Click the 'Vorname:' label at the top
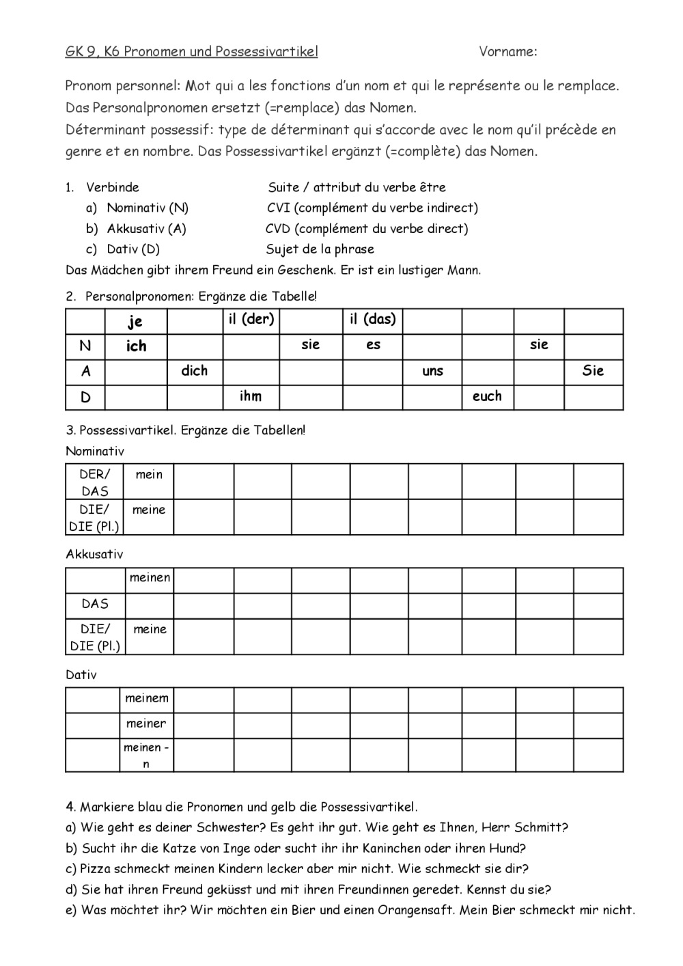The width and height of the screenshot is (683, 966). point(507,51)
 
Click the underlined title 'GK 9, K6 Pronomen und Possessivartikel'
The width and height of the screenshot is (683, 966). point(191,51)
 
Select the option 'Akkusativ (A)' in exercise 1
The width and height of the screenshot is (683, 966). point(146,228)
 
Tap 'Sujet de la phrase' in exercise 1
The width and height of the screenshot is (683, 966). point(320,249)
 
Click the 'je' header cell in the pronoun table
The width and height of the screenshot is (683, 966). point(135,321)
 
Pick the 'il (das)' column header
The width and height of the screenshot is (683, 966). point(372,319)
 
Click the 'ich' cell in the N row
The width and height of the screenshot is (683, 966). point(136,346)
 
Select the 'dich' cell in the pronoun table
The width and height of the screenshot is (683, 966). point(195,371)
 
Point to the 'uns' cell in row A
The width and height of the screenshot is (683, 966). point(432,371)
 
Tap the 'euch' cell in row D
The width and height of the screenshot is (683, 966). point(487,396)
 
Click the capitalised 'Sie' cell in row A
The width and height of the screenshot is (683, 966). point(593,371)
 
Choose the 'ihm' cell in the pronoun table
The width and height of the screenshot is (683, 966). point(251,396)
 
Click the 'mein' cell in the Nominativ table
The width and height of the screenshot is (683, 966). point(149,474)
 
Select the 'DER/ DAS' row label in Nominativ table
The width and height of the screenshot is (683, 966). point(95,482)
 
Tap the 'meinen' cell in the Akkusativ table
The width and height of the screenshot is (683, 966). point(150,578)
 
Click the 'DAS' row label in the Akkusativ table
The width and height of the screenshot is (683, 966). point(95,604)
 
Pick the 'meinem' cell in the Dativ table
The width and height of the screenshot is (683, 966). point(146,698)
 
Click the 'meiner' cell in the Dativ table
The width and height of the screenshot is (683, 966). point(146,723)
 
